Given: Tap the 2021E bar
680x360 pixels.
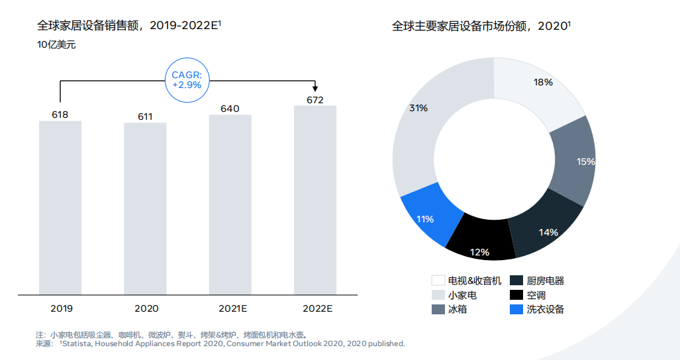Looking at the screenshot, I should pyautogui.click(x=230, y=204).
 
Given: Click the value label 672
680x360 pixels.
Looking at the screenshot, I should pyautogui.click(x=315, y=100).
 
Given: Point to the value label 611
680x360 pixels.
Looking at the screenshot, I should pyautogui.click(x=145, y=117).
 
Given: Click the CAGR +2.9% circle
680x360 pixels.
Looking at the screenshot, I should pyautogui.click(x=187, y=80).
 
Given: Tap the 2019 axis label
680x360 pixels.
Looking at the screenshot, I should pyautogui.click(x=62, y=308).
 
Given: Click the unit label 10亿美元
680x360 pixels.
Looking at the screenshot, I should pyautogui.click(x=56, y=45).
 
